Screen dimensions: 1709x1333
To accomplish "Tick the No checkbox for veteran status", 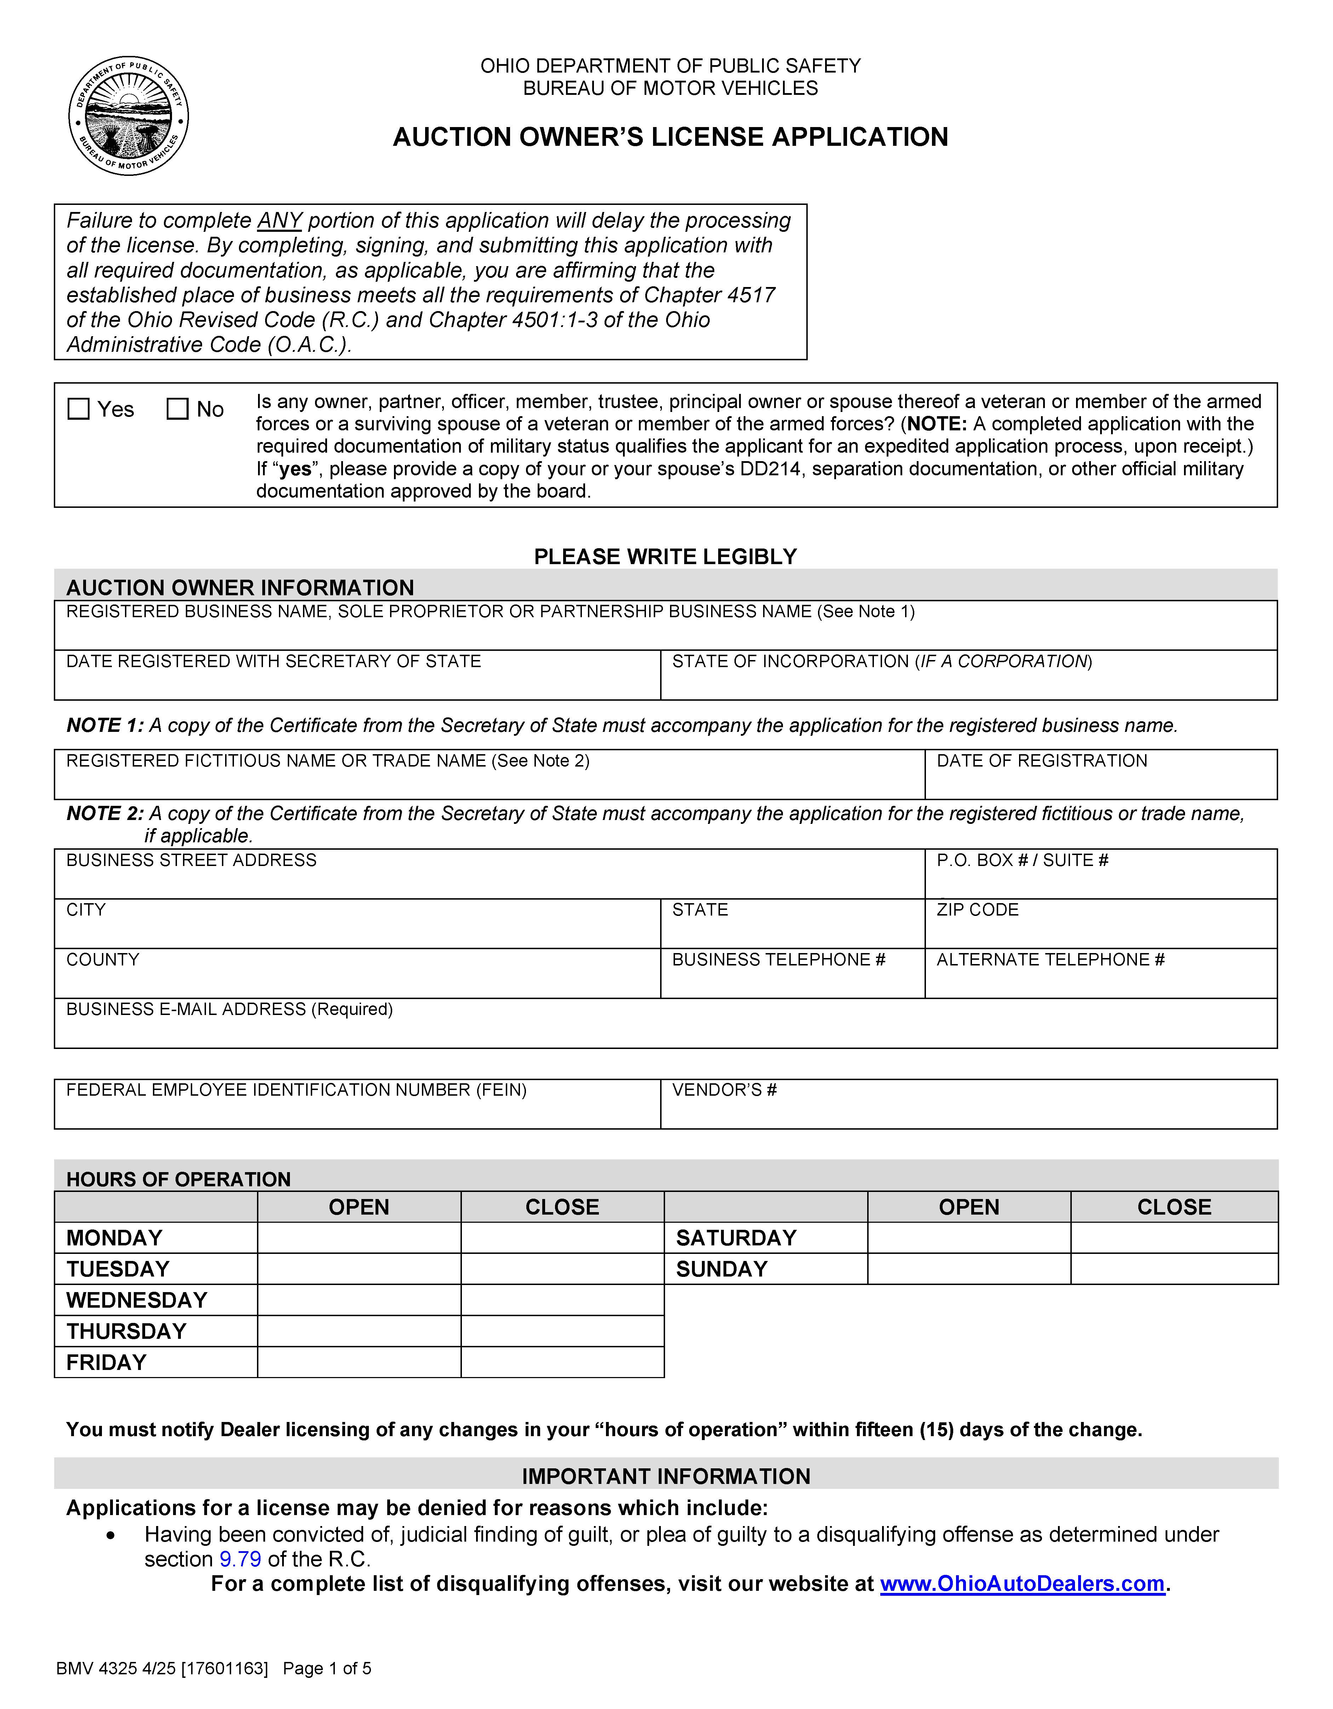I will (178, 409).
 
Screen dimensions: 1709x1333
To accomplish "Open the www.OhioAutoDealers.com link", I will (1022, 1584).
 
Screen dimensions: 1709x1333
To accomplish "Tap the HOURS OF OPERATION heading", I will (178, 1179).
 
